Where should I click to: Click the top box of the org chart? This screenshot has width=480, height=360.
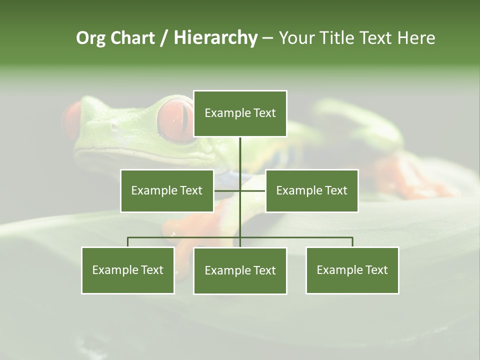(x=240, y=113)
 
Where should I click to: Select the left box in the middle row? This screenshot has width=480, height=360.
(x=167, y=190)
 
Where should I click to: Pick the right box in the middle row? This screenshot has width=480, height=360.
(x=312, y=190)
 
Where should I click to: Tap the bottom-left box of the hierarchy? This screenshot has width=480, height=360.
(x=128, y=270)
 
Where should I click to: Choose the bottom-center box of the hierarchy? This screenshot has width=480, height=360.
(x=240, y=270)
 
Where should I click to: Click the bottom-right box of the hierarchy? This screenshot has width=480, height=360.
(x=352, y=270)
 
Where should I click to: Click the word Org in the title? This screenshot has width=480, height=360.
(x=90, y=38)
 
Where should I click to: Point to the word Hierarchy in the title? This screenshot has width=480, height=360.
(x=215, y=38)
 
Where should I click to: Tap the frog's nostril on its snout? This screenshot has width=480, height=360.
(x=114, y=126)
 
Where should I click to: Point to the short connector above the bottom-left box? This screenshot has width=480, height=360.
(x=128, y=242)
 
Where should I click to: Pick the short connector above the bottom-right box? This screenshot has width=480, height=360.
(x=352, y=242)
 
